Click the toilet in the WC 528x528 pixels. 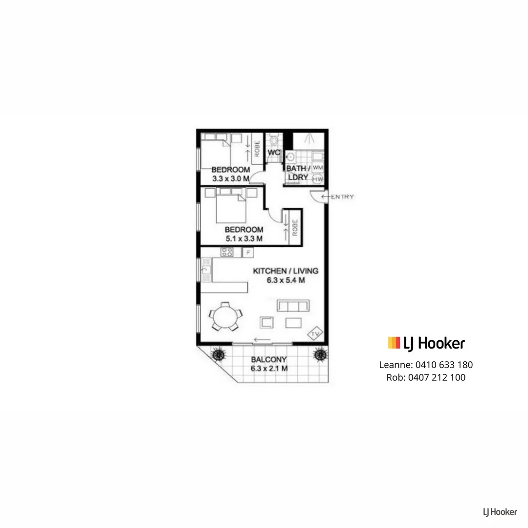274,141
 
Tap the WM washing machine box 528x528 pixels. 318,167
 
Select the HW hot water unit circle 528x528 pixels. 318,179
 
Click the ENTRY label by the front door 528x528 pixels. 342,197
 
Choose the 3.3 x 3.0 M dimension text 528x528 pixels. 231,179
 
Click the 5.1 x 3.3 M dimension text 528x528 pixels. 244,239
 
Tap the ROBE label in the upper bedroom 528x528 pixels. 257,148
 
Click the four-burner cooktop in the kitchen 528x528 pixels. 226,252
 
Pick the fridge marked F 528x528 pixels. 248,252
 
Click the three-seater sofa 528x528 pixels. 293,306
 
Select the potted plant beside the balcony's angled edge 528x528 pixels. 218,353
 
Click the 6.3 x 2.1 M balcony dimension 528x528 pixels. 268,368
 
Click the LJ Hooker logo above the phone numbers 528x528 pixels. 426,343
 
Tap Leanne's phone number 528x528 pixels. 444,365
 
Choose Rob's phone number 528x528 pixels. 437,377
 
